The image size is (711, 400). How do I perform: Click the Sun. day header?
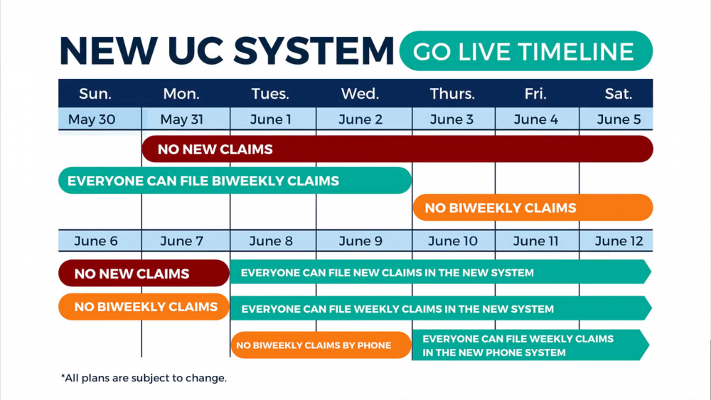pyautogui.click(x=95, y=94)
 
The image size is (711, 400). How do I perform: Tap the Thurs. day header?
pyautogui.click(x=452, y=94)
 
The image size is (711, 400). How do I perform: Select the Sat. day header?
pyautogui.click(x=618, y=94)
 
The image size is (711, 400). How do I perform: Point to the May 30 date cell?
pyautogui.click(x=100, y=119)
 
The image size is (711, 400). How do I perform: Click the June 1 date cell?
pyautogui.click(x=273, y=119)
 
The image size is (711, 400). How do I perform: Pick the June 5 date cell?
pyautogui.click(x=616, y=119)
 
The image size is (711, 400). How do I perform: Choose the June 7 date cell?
pyautogui.click(x=186, y=241)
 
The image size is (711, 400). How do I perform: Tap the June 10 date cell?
pyautogui.click(x=454, y=241)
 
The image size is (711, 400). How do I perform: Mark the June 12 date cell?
pyautogui.click(x=616, y=241)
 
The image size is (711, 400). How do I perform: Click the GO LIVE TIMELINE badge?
pyautogui.click(x=526, y=51)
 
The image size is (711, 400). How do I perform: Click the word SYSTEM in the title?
pyautogui.click(x=314, y=50)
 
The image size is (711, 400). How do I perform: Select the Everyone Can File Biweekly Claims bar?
pyautogui.click(x=235, y=180)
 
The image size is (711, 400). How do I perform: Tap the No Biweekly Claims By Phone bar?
pyautogui.click(x=321, y=345)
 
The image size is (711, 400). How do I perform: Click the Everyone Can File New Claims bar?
pyautogui.click(x=441, y=272)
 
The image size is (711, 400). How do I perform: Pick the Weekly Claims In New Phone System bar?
pyautogui.click(x=530, y=345)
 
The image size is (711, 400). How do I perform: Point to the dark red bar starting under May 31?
pyautogui.click(x=397, y=149)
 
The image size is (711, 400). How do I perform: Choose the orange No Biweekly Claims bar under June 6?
pyautogui.click(x=144, y=307)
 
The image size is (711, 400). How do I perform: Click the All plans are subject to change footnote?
pyautogui.click(x=144, y=378)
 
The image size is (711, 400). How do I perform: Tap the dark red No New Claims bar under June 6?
pyautogui.click(x=144, y=273)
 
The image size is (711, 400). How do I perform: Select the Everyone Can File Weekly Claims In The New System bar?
pyautogui.click(x=441, y=308)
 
